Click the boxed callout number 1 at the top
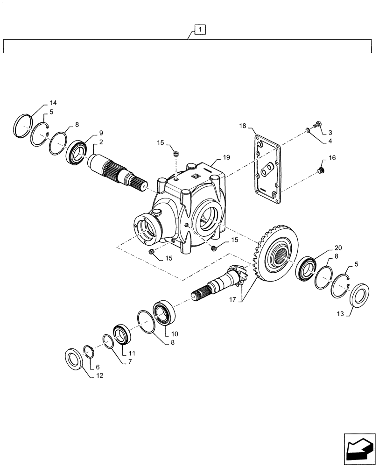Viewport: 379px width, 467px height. click(200, 30)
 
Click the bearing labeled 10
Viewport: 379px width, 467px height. click(163, 313)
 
